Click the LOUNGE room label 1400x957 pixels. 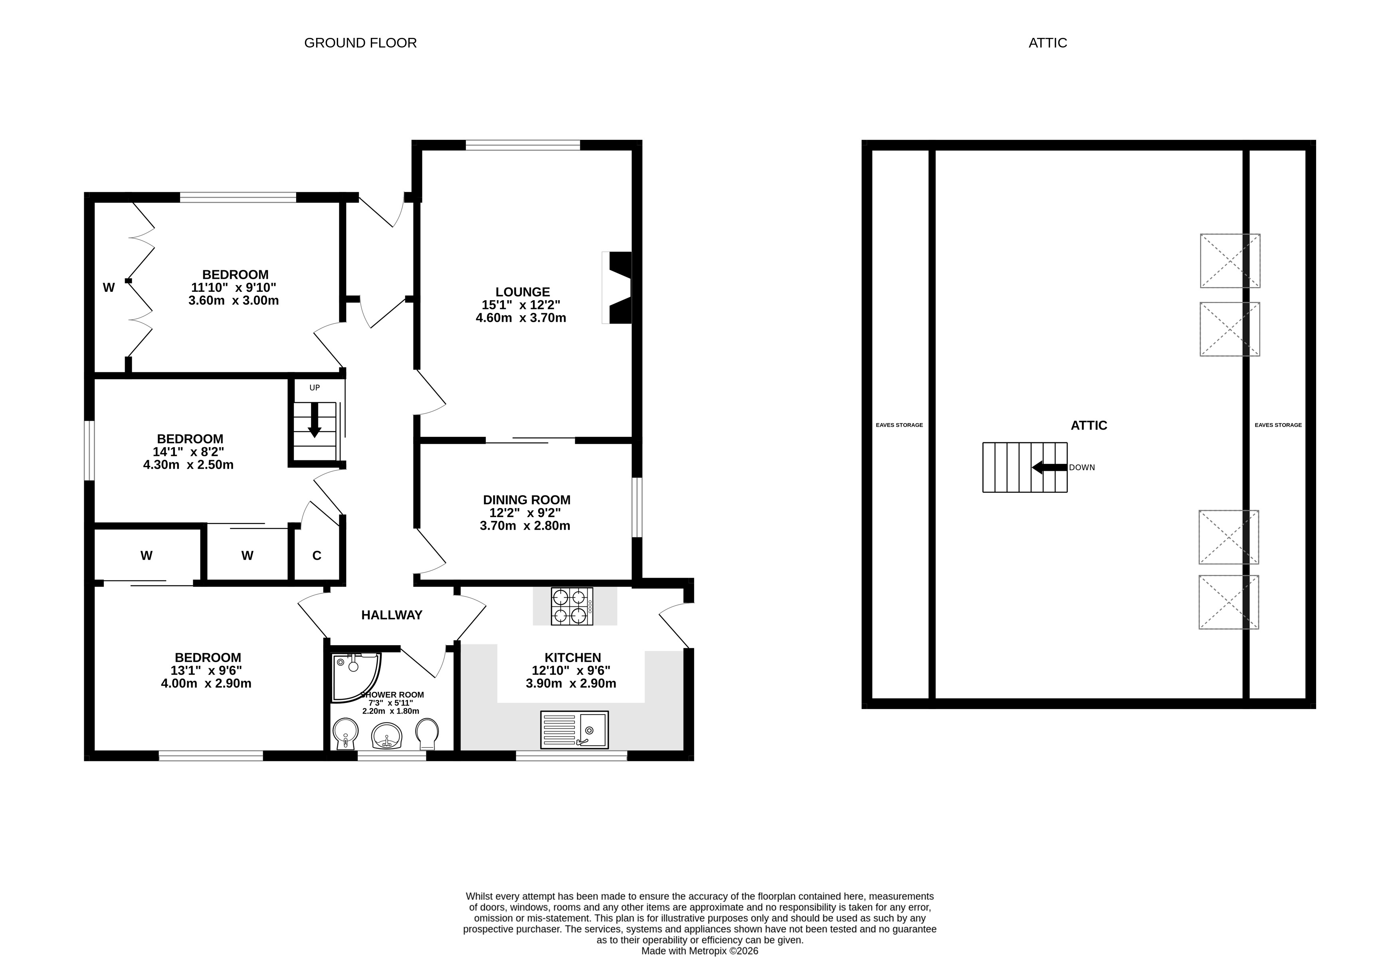pyautogui.click(x=522, y=292)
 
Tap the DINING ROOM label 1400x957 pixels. pyautogui.click(x=527, y=499)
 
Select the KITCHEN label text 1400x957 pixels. pyautogui.click(x=573, y=658)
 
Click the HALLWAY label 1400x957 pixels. pyautogui.click(x=392, y=615)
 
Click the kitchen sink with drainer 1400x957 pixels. pyautogui.click(x=574, y=729)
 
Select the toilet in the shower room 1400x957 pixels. pyautogui.click(x=427, y=734)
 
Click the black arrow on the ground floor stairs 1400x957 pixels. pyautogui.click(x=314, y=420)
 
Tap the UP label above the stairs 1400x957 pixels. pyautogui.click(x=315, y=388)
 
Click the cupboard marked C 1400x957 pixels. pyautogui.click(x=317, y=555)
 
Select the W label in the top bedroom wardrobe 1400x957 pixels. pyautogui.click(x=109, y=287)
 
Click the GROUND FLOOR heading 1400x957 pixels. pyautogui.click(x=360, y=43)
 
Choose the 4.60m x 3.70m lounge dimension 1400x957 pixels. pyautogui.click(x=521, y=317)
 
